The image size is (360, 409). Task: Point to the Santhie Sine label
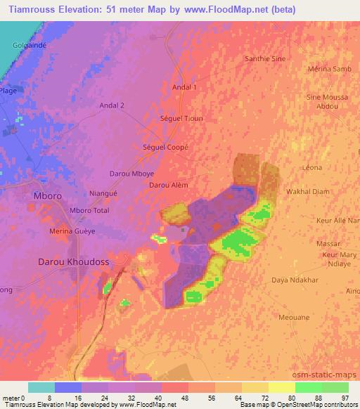click(x=264, y=59)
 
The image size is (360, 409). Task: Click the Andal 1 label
click(x=185, y=87)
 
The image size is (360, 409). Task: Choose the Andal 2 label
click(x=112, y=105)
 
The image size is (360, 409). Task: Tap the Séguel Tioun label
click(x=181, y=118)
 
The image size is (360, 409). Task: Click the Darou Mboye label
click(x=132, y=173)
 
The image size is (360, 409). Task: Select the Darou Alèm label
click(x=169, y=185)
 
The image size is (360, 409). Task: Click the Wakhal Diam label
click(x=307, y=190)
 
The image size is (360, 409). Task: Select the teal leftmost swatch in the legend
click(x=41, y=387)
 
